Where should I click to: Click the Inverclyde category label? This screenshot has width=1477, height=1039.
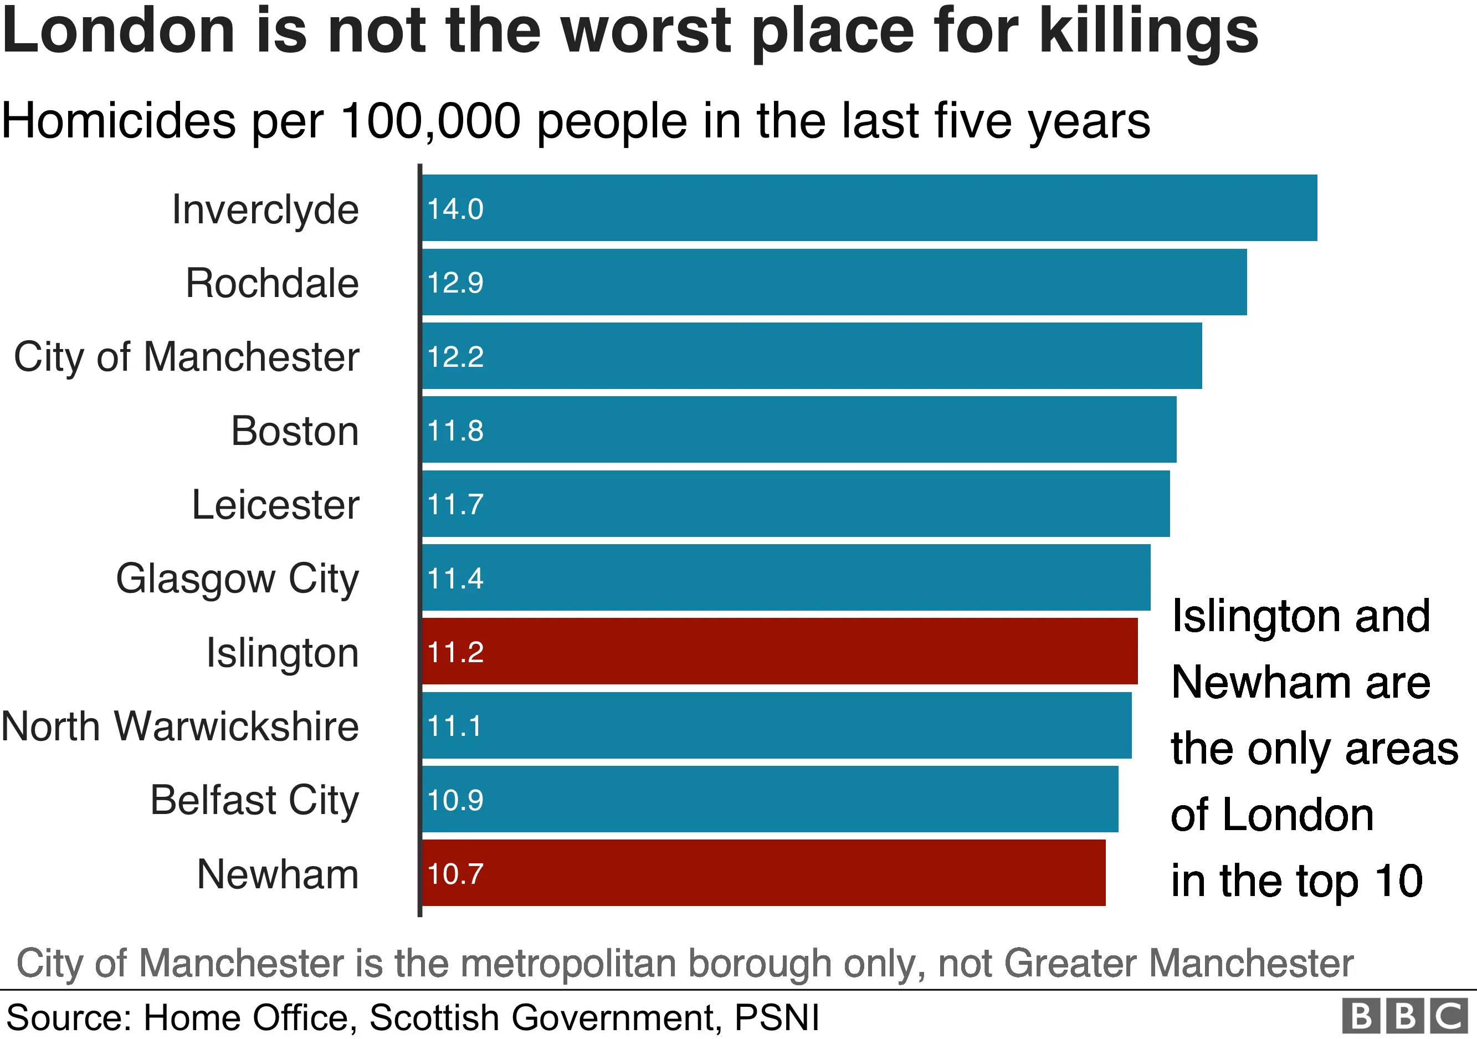265,209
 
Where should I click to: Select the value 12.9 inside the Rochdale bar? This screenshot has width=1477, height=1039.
455,283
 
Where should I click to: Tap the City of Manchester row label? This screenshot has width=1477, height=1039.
187,357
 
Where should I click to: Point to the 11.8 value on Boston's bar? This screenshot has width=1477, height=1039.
455,431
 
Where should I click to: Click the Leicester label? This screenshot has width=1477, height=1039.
275,504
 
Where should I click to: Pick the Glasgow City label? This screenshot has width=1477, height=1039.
237,579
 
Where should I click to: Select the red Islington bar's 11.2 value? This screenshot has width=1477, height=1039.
455,652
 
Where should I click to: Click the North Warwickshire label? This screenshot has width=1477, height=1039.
180,726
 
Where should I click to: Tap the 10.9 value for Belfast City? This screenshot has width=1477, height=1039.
455,800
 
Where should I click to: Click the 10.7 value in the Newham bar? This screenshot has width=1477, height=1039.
455,874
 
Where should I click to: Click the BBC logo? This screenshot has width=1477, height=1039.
1405,1016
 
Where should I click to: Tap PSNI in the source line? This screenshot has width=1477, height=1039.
777,1018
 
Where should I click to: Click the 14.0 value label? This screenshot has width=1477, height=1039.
455,209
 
